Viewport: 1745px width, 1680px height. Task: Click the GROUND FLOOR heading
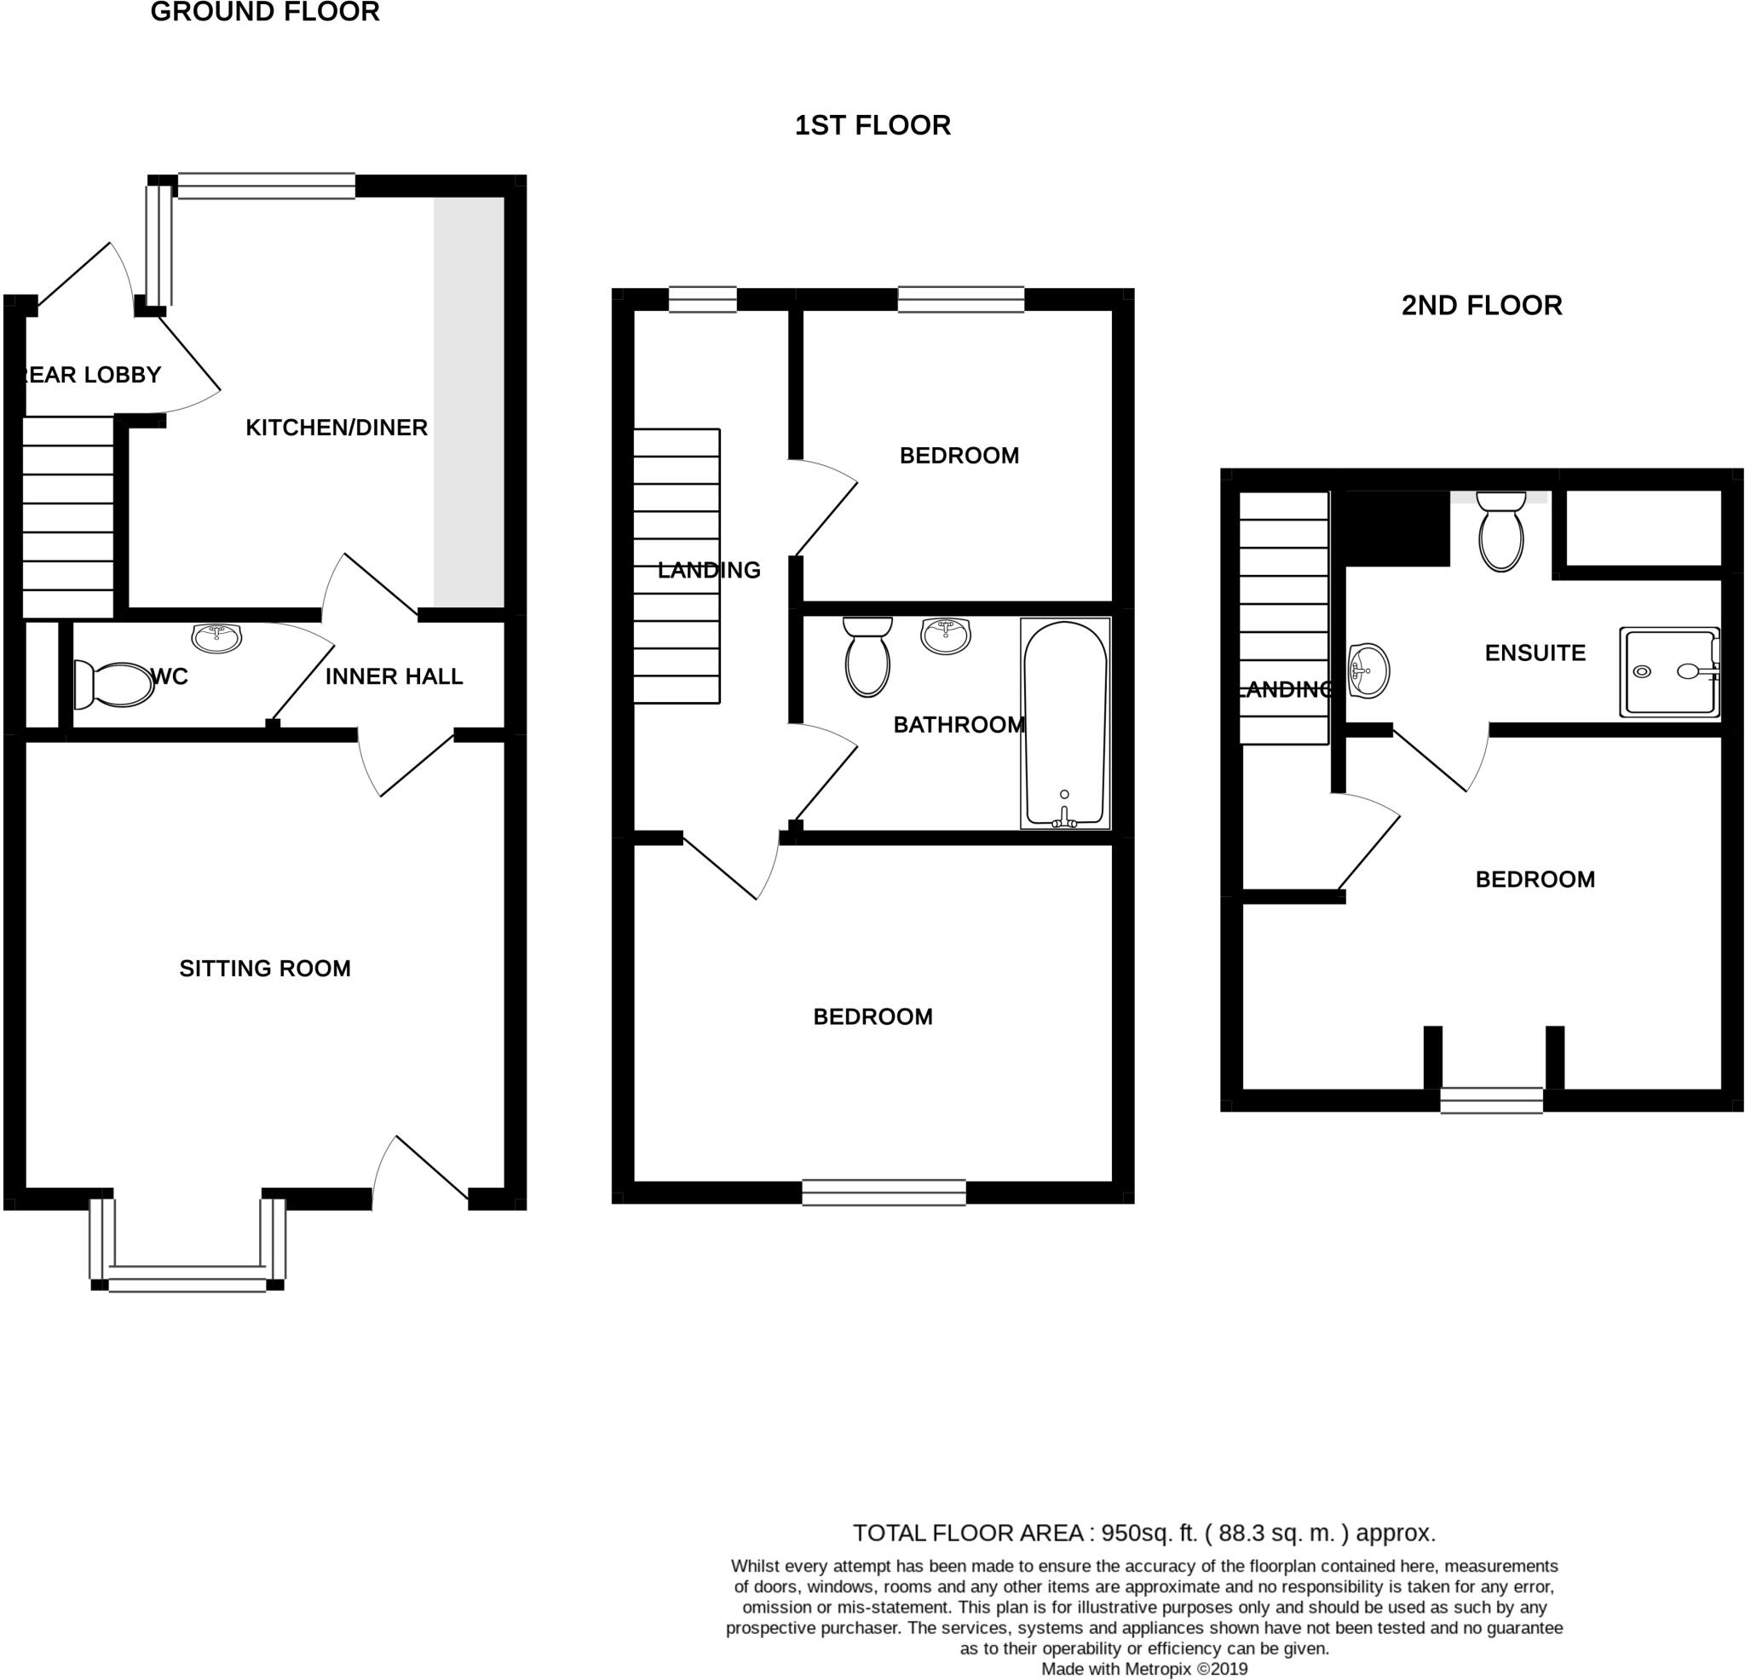[264, 13]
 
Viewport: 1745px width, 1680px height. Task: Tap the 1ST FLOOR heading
[872, 125]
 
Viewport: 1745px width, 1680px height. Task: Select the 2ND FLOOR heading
[1482, 305]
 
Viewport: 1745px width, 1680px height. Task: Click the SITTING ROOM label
[264, 969]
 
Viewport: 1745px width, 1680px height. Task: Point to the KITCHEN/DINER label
[337, 428]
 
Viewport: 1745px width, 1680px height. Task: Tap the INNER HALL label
[394, 676]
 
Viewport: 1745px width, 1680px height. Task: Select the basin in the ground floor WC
[216, 637]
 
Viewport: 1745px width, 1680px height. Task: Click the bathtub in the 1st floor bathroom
[1065, 723]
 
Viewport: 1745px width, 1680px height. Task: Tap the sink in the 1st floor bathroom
[946, 636]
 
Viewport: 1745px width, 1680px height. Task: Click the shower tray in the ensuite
[1669, 672]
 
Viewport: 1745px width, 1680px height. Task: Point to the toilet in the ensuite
[1500, 531]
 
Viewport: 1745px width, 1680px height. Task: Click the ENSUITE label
[1535, 653]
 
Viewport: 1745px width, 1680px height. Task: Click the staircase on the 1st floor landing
[677, 567]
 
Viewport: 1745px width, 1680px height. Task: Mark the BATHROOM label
[958, 725]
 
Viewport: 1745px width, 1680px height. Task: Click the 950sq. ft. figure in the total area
[1149, 1533]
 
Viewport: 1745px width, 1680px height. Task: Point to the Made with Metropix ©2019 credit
[1144, 1669]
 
